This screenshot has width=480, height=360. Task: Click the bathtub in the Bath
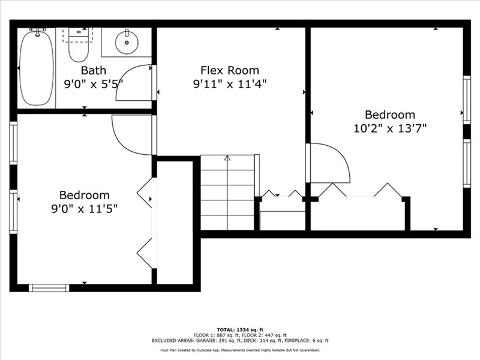tap(37, 68)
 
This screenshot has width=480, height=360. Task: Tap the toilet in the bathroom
tap(79, 44)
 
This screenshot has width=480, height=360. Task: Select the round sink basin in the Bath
tap(127, 43)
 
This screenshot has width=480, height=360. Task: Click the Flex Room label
tap(230, 70)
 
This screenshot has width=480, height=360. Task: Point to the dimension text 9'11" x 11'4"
tap(230, 83)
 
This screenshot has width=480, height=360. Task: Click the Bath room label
tap(94, 70)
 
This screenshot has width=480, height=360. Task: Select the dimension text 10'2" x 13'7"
tap(390, 128)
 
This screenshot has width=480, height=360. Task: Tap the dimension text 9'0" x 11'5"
tap(85, 209)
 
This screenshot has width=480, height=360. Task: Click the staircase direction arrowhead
tap(227, 158)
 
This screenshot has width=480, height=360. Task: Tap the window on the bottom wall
tap(49, 288)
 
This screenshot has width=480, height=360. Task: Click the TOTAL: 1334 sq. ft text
tap(240, 329)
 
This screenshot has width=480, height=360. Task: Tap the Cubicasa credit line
tap(240, 350)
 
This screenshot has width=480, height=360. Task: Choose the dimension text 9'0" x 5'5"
tap(94, 83)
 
